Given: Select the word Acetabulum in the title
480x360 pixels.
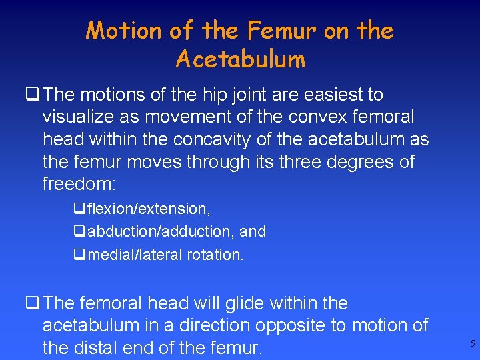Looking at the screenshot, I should point(240,60).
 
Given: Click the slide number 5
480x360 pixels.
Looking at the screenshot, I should point(473,344).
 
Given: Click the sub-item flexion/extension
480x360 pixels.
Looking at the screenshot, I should point(149,209).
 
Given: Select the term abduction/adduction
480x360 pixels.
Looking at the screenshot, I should point(163,232).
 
